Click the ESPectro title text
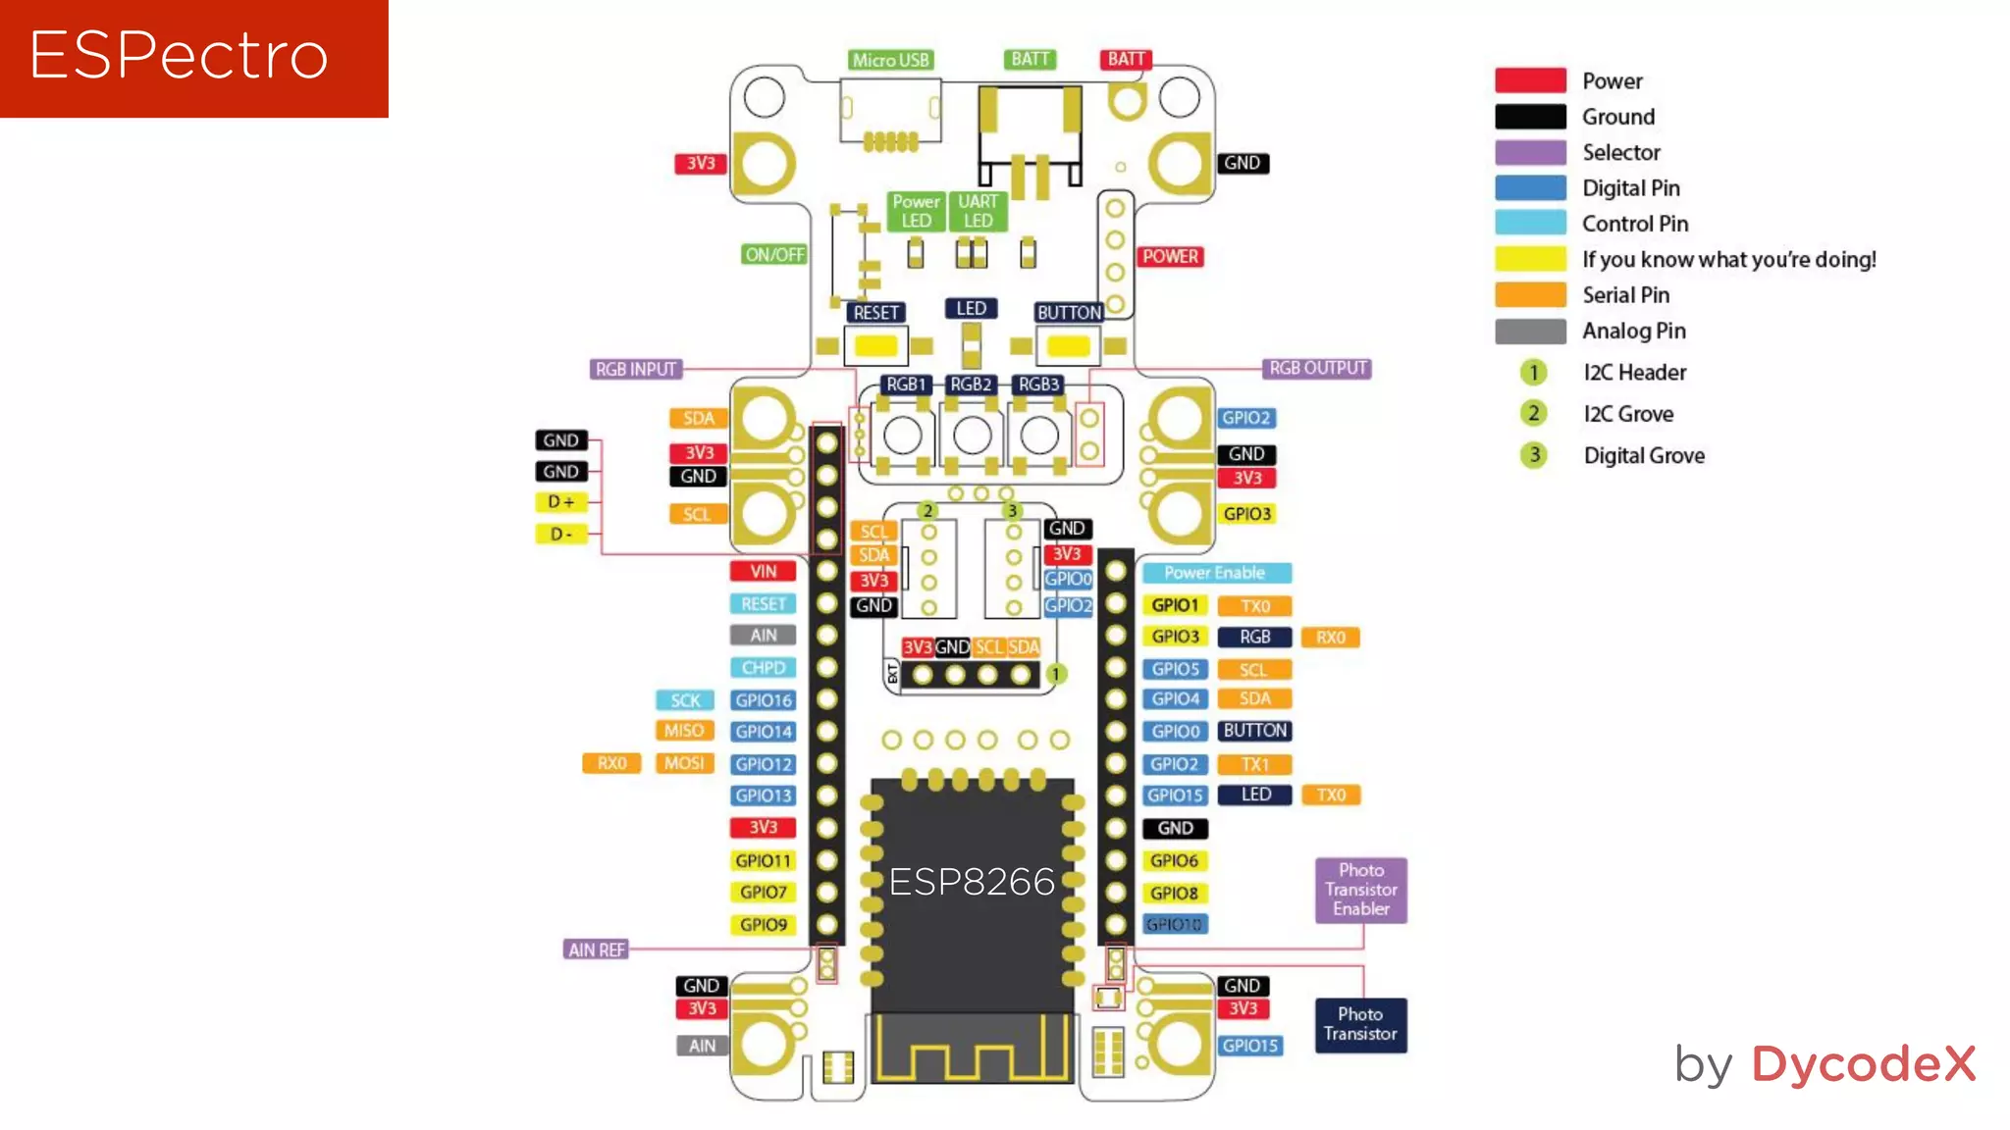[x=179, y=55]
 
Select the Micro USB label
[x=890, y=60]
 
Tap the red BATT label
[x=1126, y=59]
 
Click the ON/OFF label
[x=774, y=255]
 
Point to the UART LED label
[x=978, y=211]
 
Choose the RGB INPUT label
[x=636, y=369]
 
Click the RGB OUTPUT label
[x=1317, y=368]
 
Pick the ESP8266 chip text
[x=972, y=882]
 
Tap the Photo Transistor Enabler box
[x=1360, y=890]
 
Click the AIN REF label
[x=596, y=950]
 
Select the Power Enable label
[x=1214, y=573]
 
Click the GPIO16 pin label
[x=764, y=700]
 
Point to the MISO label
[x=683, y=731]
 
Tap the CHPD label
[x=763, y=668]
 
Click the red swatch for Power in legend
[x=1530, y=80]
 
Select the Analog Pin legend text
[x=1633, y=332]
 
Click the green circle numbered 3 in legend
[x=1533, y=455]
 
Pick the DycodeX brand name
[x=1863, y=1064]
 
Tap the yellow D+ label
[x=561, y=502]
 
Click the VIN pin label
[x=763, y=571]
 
